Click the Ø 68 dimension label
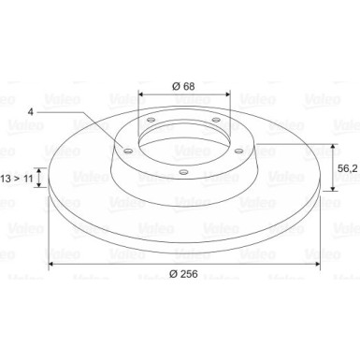point(183,86)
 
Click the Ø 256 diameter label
point(183,274)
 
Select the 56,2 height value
point(348,168)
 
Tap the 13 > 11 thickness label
point(17,179)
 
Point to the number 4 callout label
point(30,111)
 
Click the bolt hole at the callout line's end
point(128,151)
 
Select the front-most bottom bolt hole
point(184,171)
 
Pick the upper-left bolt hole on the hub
point(151,120)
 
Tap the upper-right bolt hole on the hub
point(216,120)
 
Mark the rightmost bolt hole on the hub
point(239,151)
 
